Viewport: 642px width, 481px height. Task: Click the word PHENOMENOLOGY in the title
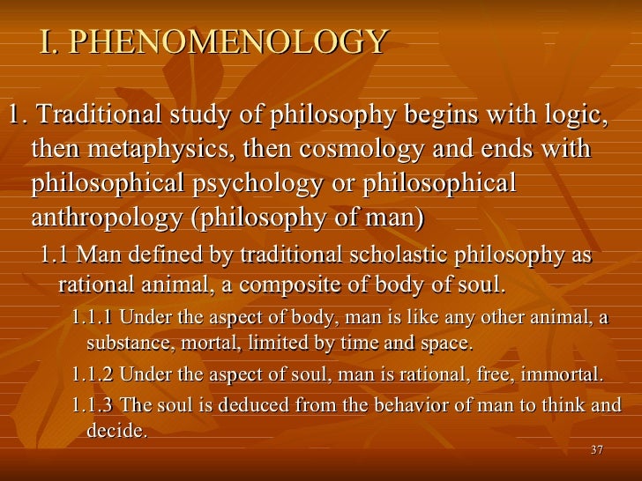tap(228, 41)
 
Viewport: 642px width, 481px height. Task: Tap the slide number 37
tap(597, 451)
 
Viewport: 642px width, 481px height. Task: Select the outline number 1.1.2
tap(92, 374)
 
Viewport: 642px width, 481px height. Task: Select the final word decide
tap(117, 432)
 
